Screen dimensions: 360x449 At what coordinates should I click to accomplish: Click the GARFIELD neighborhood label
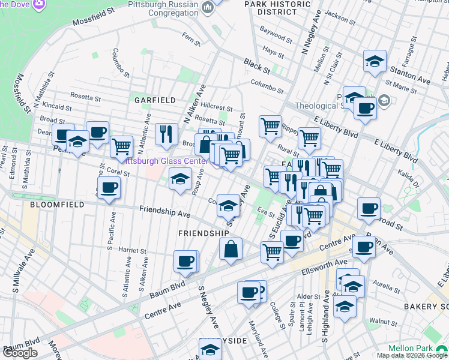(x=154, y=100)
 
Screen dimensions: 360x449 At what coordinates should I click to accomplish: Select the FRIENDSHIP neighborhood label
(x=203, y=233)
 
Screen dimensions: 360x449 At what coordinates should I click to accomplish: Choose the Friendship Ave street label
(x=164, y=211)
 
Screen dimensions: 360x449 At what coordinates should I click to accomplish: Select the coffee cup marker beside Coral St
(x=109, y=187)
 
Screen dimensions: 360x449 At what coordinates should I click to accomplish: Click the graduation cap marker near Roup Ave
(x=179, y=178)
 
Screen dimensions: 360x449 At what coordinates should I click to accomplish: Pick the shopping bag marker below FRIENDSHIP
(x=231, y=248)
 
